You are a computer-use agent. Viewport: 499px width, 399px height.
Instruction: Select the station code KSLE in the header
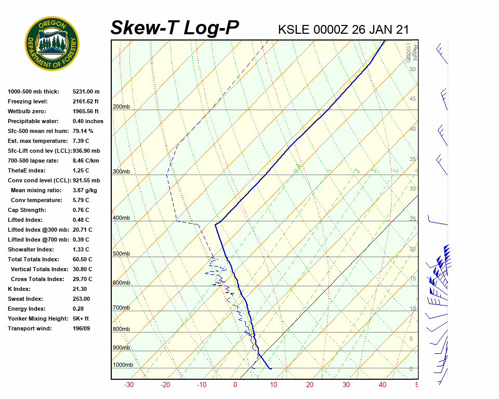pyautogui.click(x=294, y=30)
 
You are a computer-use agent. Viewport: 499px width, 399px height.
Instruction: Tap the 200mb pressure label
pyautogui.click(x=121, y=107)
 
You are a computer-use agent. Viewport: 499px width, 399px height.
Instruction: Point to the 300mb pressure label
pyautogui.click(x=121, y=172)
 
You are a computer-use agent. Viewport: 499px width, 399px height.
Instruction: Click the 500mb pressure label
pyautogui.click(x=121, y=254)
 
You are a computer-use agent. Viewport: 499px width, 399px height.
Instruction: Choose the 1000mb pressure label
pyautogui.click(x=123, y=365)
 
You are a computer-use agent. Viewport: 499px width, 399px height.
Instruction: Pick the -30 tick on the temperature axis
pyautogui.click(x=129, y=385)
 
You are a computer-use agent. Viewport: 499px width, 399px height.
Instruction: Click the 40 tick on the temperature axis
pyautogui.click(x=383, y=385)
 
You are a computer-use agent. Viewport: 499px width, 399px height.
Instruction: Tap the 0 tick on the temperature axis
pyautogui.click(x=235, y=385)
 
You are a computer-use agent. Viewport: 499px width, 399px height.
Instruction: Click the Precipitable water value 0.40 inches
pyautogui.click(x=88, y=121)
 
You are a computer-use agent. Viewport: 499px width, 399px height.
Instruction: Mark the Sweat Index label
pyautogui.click(x=25, y=299)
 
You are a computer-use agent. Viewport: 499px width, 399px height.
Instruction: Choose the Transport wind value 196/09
pyautogui.click(x=81, y=328)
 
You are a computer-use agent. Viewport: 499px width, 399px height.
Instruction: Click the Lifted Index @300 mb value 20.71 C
pyautogui.click(x=82, y=230)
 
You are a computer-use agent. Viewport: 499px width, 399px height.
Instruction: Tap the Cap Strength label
pyautogui.click(x=27, y=210)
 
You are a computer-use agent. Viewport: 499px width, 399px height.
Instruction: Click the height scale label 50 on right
pyautogui.click(x=412, y=69)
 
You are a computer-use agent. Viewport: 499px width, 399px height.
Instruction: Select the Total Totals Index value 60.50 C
pyautogui.click(x=82, y=259)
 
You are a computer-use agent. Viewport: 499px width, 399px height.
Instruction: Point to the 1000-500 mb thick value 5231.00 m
pyautogui.click(x=86, y=91)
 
